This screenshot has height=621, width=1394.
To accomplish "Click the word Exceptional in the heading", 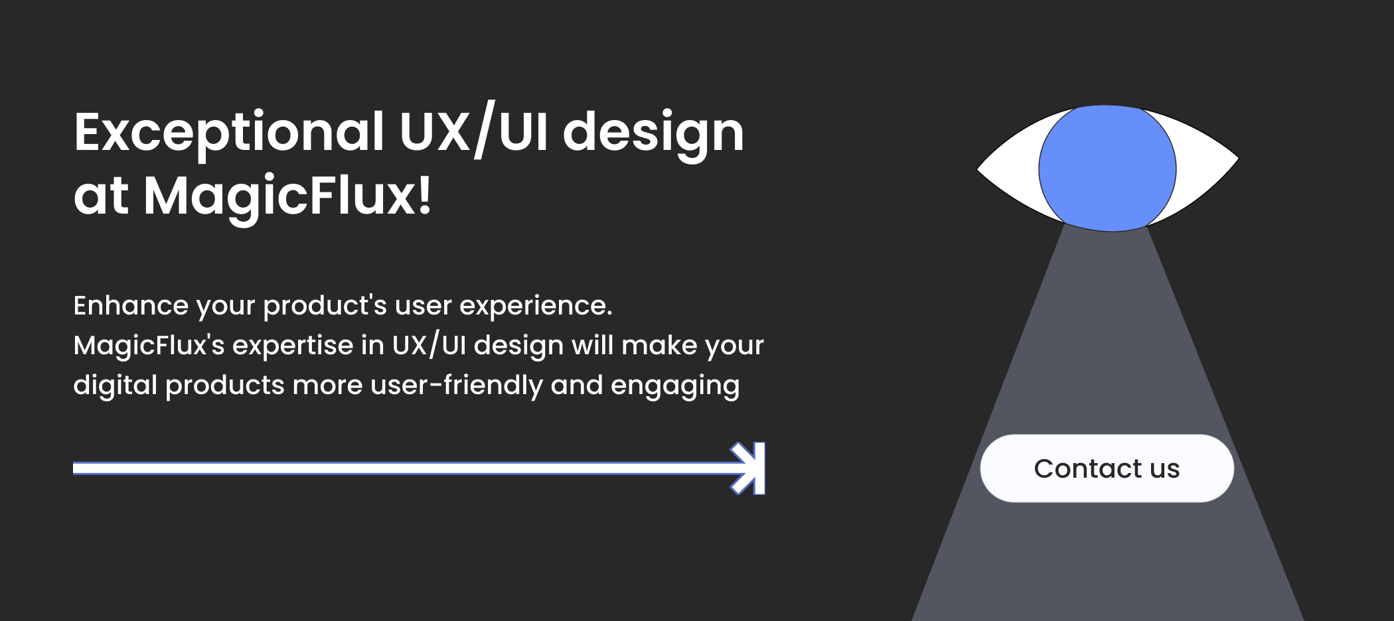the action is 229,133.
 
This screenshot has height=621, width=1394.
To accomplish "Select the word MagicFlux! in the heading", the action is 287,197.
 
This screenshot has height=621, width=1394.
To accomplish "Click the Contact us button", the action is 1107,468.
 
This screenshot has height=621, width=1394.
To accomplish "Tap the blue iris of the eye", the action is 1107,169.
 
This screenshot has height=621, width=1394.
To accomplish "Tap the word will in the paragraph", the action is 593,345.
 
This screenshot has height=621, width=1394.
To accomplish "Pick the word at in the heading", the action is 101,198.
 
